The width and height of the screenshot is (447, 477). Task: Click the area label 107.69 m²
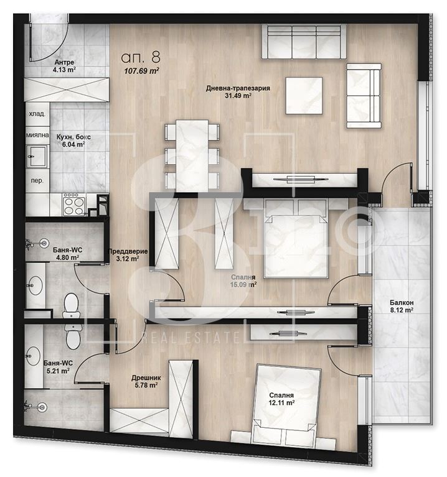pos(141,71)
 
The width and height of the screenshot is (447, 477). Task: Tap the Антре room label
pos(64,62)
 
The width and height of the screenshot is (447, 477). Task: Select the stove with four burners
pos(73,205)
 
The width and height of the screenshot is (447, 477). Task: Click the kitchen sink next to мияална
pos(37,156)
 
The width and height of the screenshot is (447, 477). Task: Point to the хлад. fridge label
pos(37,114)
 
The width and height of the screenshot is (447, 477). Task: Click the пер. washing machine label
pos(37,180)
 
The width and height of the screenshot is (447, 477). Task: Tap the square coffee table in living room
pos(304,96)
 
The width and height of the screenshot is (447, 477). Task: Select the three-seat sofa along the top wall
pos(304,42)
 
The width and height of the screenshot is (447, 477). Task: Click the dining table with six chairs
pos(192,155)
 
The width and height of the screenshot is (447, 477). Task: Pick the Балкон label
pos(402,303)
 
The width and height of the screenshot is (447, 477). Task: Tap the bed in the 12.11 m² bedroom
pos(285,405)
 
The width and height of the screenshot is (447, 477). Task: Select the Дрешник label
pos(146,378)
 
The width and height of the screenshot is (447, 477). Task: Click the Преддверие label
pos(128,251)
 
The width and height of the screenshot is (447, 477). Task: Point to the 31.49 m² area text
pos(238,96)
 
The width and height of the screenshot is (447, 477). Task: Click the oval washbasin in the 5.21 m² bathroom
pos(32,356)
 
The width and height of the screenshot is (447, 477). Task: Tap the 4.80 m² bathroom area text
pos(66,257)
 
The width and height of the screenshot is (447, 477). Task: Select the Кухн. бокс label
pos(73,137)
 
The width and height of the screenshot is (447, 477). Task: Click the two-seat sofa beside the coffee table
pos(364,96)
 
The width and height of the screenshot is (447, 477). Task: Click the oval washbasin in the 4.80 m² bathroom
pos(35,285)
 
